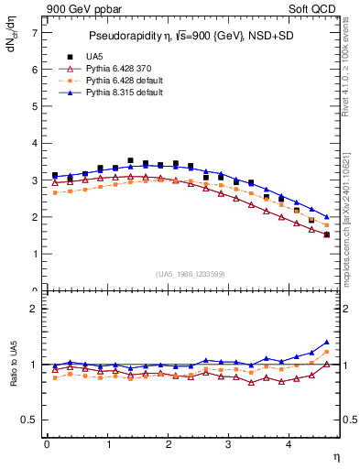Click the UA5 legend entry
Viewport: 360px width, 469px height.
(x=95, y=57)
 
